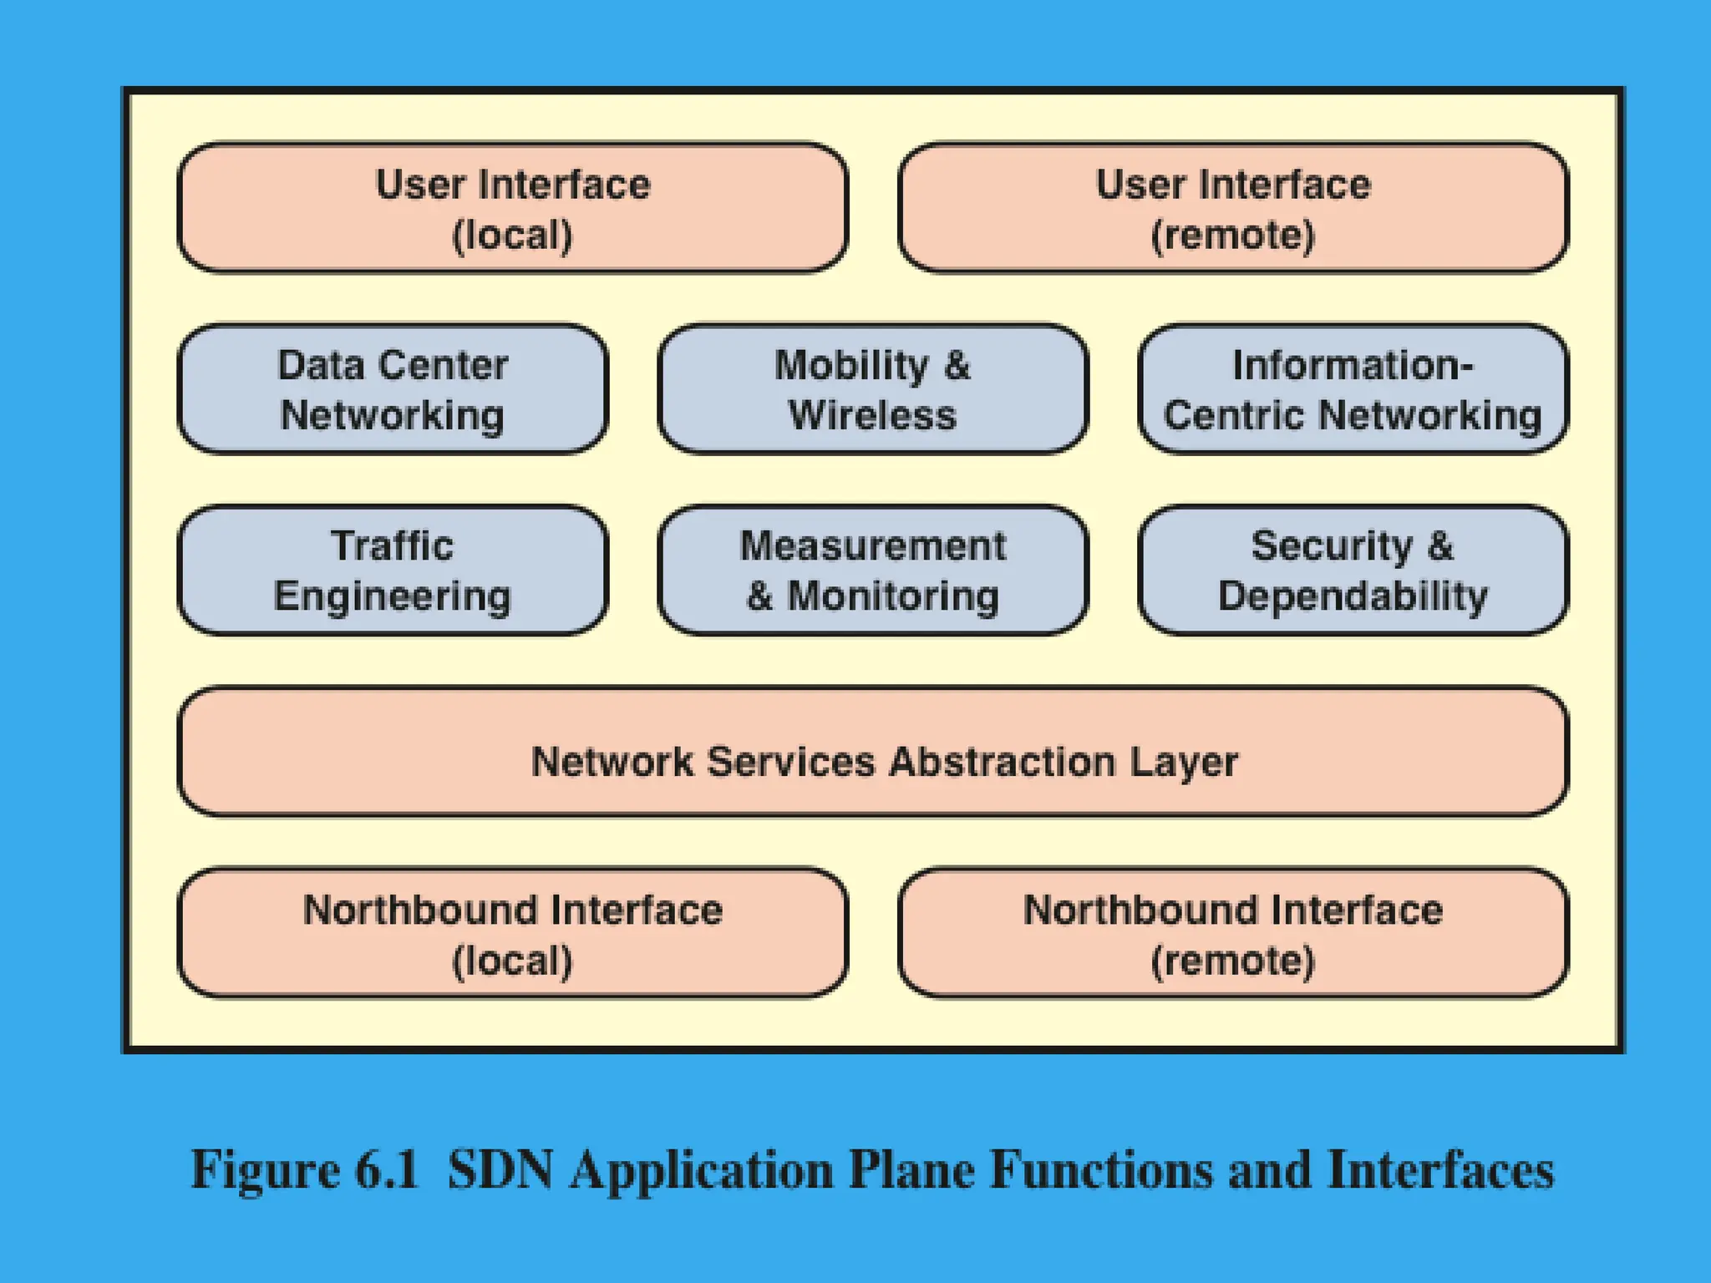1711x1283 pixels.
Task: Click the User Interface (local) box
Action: pos(513,208)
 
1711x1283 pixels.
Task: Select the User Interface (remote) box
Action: pos(1233,208)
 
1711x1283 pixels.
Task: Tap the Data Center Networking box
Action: pos(393,389)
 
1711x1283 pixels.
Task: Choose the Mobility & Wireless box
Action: pos(872,389)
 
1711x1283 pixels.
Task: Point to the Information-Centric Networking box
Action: pos(1353,389)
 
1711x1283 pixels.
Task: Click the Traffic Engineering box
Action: pos(393,571)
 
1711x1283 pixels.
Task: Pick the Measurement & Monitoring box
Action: pos(872,571)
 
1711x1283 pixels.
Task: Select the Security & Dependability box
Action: pos(1353,571)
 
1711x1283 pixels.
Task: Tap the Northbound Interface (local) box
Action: pos(513,933)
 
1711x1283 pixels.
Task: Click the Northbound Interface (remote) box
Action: pos(1233,933)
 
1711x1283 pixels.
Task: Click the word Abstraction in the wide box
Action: pos(1002,762)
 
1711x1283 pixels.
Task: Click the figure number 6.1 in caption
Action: pos(386,1169)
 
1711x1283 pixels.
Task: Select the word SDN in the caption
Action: pos(500,1169)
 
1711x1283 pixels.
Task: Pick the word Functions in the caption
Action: pos(1101,1169)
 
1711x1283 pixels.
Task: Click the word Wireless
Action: pos(872,415)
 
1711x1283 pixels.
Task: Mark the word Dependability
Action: pos(1353,596)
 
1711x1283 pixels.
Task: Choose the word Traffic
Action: pos(393,546)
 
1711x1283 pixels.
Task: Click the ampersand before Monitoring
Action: pos(759,596)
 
